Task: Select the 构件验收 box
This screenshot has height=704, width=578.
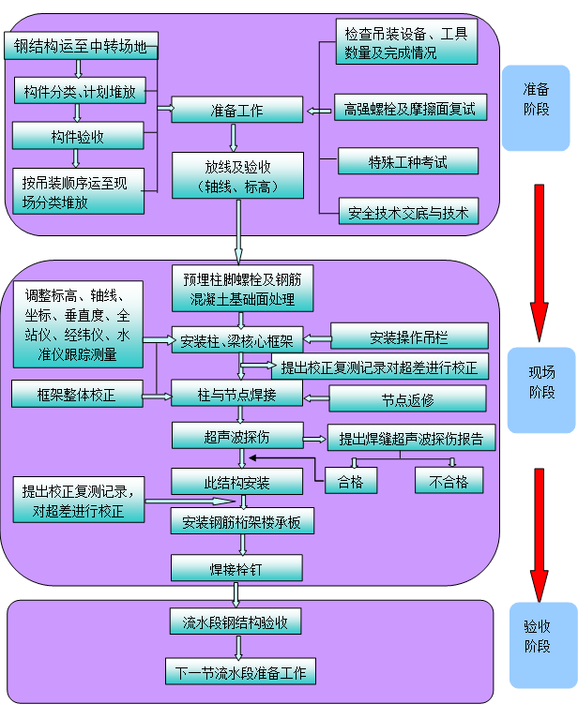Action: [x=77, y=137]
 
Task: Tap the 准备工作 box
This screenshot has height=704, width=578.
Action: [x=236, y=111]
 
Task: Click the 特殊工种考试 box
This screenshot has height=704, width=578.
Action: [x=407, y=162]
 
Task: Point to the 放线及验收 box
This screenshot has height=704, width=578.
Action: [x=237, y=175]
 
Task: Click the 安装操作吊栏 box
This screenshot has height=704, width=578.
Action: [x=409, y=336]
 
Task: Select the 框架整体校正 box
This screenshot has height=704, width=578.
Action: [x=77, y=394]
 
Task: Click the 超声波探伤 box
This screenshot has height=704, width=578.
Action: [x=236, y=435]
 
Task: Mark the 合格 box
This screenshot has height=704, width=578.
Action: [x=350, y=481]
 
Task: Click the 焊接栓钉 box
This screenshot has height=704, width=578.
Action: [x=236, y=568]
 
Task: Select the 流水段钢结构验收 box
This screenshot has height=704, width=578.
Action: [x=236, y=622]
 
